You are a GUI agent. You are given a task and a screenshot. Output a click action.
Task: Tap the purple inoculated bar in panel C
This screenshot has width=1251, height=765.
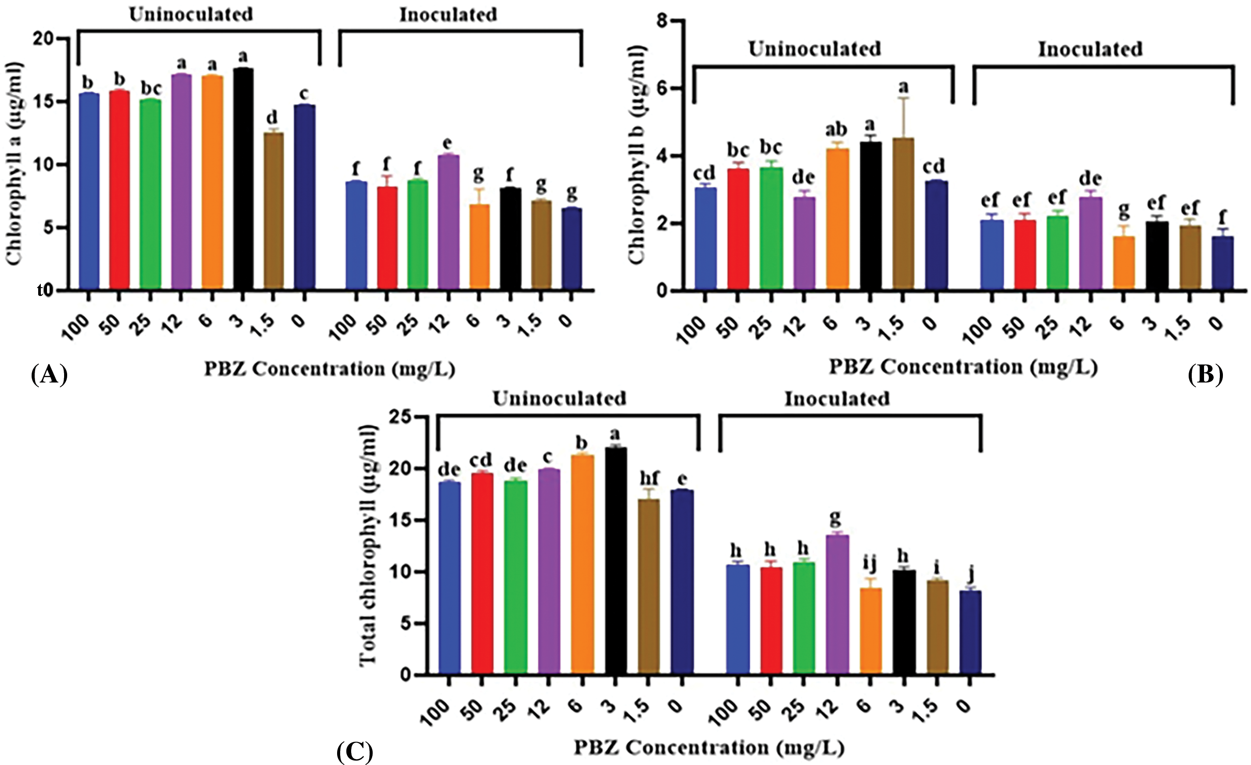(837, 604)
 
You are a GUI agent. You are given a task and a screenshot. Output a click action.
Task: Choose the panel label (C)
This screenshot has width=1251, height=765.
(354, 752)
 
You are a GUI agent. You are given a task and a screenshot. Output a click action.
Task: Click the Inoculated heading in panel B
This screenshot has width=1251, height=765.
(1089, 49)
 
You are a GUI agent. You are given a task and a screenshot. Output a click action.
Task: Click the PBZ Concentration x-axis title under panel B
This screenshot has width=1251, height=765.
(963, 367)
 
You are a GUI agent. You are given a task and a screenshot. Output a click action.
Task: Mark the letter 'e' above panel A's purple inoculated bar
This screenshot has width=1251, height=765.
(448, 143)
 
